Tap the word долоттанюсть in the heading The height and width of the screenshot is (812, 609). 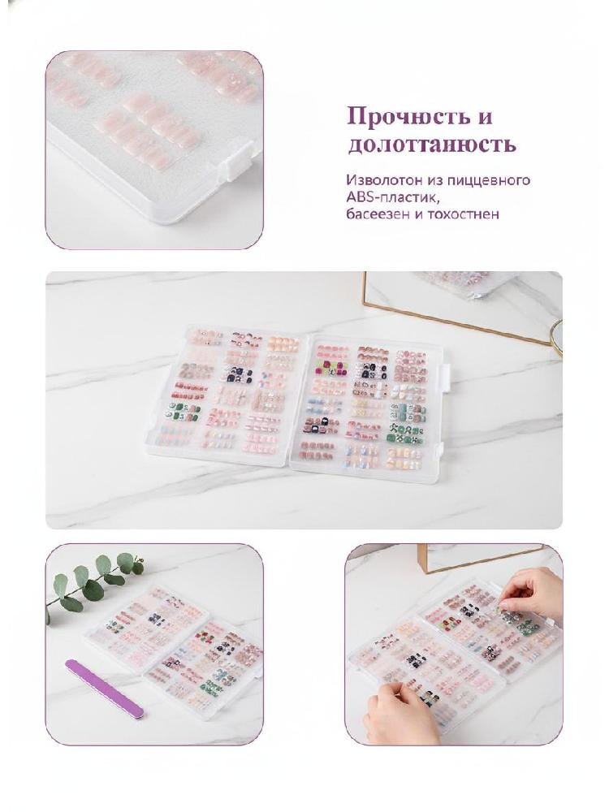(432, 145)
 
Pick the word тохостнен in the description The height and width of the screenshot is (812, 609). (463, 214)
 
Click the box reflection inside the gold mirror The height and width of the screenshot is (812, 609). (469, 283)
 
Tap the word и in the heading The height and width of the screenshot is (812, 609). (486, 118)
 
